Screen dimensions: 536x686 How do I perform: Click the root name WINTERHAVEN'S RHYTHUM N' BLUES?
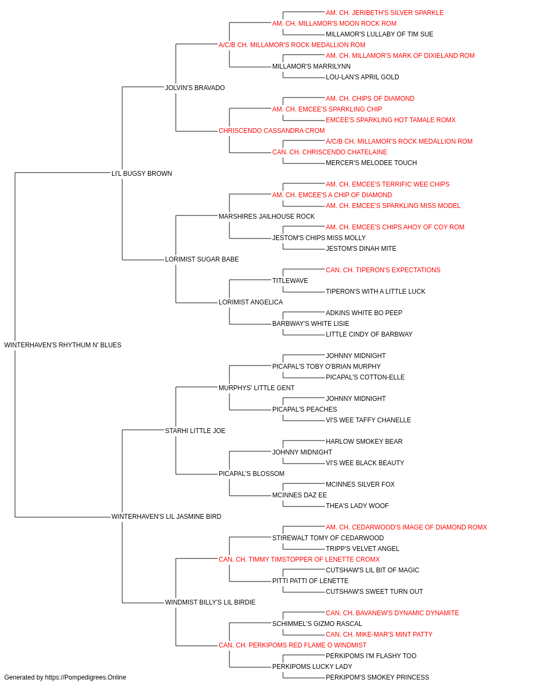63,345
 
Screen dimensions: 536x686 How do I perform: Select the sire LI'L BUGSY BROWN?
142,173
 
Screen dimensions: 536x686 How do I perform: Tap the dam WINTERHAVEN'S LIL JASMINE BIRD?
166,517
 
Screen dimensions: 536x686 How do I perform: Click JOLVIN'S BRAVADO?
195,88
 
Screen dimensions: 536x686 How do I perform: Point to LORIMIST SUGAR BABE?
202,259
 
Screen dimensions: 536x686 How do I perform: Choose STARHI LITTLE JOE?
195,430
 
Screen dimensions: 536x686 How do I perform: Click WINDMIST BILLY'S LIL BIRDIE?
210,602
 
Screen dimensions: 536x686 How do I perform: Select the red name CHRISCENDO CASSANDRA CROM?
271,131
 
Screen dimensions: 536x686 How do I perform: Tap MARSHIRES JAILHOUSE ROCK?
266,216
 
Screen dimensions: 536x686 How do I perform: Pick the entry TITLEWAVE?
290,281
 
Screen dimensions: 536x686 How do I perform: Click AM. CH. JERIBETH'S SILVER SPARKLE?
384,13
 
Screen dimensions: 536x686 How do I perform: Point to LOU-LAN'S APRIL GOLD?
362,77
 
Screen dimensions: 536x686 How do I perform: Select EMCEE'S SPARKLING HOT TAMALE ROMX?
391,120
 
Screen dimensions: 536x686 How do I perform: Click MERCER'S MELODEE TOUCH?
371,163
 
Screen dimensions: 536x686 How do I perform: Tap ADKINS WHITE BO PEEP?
364,313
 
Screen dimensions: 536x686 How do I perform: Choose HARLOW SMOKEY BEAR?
364,441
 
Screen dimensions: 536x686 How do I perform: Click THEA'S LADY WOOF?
357,506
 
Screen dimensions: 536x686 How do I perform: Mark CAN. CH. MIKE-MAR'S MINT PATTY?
379,634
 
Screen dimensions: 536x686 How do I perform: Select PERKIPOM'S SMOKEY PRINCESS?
377,677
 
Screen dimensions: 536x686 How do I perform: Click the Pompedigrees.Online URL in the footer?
85,677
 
